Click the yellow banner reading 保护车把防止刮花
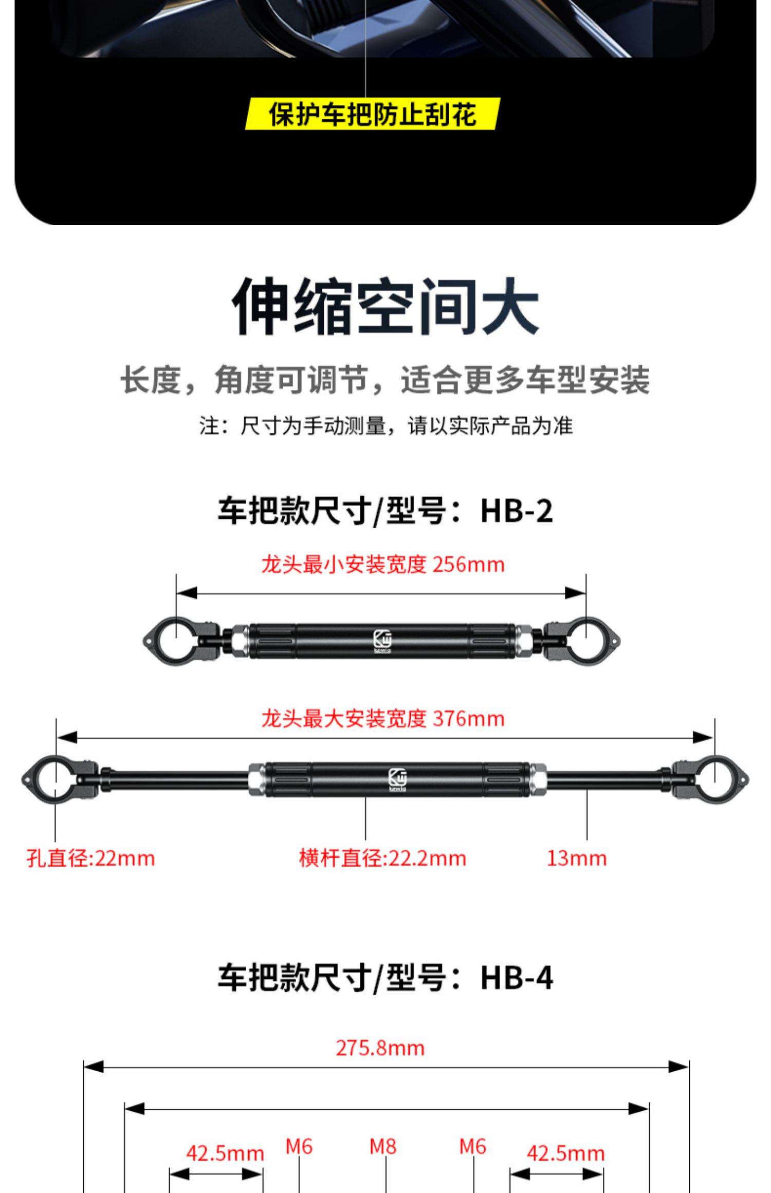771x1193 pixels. click(x=372, y=114)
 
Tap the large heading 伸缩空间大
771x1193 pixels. click(x=385, y=307)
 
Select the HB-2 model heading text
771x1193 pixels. click(x=385, y=511)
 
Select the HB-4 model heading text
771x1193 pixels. click(x=385, y=977)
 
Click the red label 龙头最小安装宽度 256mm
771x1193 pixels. click(x=383, y=565)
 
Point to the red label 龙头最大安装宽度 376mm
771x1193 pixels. click(x=383, y=719)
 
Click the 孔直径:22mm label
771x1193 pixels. click(x=90, y=859)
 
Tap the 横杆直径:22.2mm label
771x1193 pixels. click(x=382, y=859)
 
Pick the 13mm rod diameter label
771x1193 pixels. click(x=576, y=859)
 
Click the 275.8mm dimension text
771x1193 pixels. click(x=380, y=1048)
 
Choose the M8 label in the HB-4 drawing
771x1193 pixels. click(x=383, y=1147)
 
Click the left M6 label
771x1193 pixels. click(x=299, y=1147)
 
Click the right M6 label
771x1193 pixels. click(x=472, y=1147)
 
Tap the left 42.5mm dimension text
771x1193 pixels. click(x=225, y=1154)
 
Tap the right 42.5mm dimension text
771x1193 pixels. click(x=565, y=1154)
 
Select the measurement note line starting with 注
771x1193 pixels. click(x=385, y=426)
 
